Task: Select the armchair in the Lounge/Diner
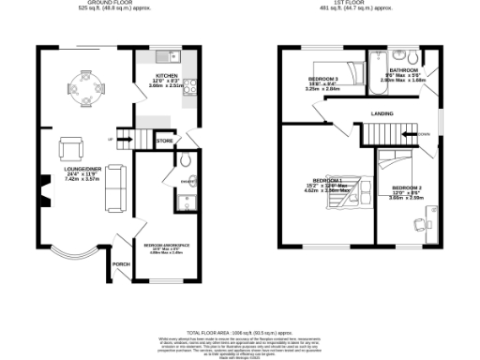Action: (71, 148)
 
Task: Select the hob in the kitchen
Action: (189, 87)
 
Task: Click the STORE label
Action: (165, 141)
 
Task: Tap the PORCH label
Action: (120, 264)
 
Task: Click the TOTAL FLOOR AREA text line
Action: (239, 334)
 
